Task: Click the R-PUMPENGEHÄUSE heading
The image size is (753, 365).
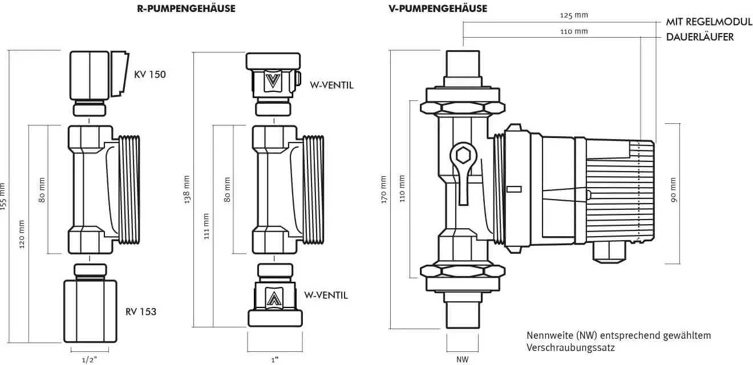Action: click(186, 9)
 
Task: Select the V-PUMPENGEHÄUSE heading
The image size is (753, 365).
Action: click(438, 9)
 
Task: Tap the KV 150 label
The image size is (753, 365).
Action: click(150, 74)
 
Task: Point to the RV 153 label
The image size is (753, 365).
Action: click(141, 311)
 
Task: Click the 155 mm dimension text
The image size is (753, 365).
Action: click(3, 197)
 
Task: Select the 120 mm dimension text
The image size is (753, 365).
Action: click(22, 234)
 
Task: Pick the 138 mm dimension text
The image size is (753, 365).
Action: click(187, 189)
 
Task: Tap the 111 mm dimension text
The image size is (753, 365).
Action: click(207, 226)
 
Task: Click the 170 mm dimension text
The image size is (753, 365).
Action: click(383, 189)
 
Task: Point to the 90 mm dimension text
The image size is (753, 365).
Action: click(673, 190)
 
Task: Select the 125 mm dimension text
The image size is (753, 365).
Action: click(574, 15)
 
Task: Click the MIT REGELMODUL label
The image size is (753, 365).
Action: click(709, 22)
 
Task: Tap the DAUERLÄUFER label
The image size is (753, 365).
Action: click(700, 37)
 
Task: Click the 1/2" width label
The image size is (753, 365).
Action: click(90, 360)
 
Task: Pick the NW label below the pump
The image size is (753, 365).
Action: click(462, 359)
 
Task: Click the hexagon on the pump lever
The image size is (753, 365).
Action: click(464, 155)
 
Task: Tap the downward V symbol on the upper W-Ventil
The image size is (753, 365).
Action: click(273, 81)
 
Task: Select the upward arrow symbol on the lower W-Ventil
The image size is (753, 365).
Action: click(274, 298)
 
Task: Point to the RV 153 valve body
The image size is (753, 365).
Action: click(91, 311)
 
